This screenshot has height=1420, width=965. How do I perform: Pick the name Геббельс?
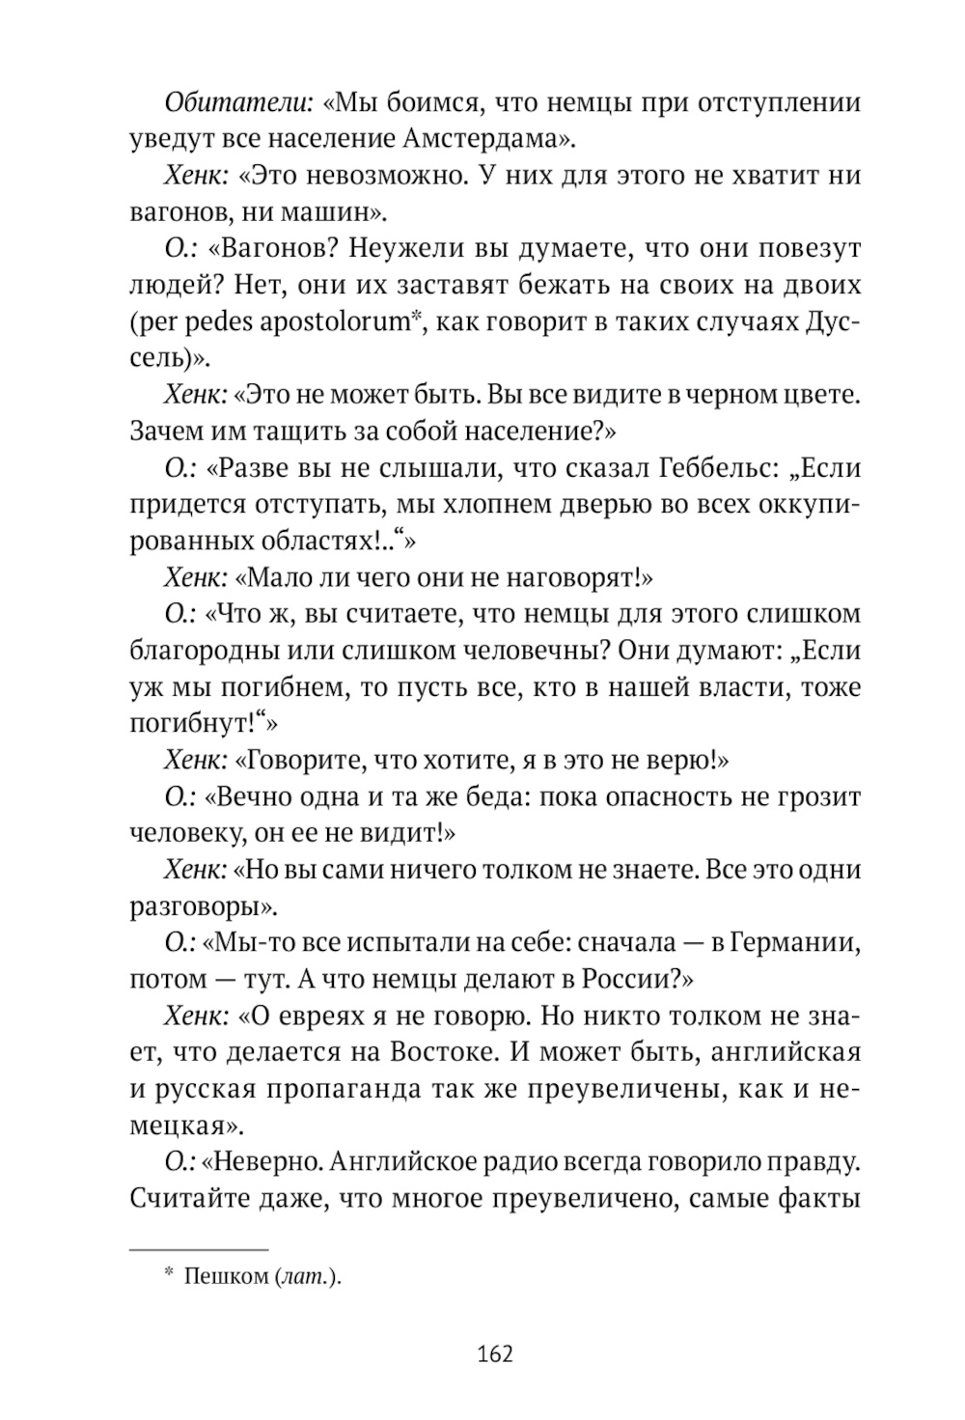[721, 468]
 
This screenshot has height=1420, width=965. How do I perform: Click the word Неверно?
[262, 1162]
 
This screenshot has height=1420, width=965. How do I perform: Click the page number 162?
[495, 1353]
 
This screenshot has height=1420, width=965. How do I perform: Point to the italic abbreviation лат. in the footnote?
[306, 1276]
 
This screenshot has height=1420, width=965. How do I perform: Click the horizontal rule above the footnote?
[199, 1249]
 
